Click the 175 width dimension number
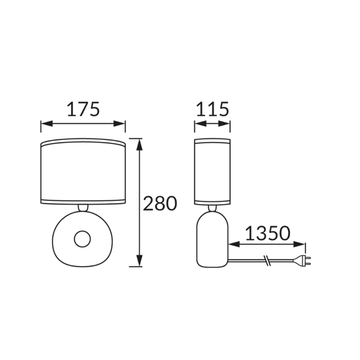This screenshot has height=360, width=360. (83, 109)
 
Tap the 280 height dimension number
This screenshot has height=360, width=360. (160, 203)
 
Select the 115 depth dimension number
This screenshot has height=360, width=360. (212, 109)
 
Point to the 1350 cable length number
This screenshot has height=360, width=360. (268, 233)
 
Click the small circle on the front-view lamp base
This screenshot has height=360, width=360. (82, 239)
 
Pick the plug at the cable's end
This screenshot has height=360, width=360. (302, 261)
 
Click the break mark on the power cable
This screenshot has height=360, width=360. (267, 261)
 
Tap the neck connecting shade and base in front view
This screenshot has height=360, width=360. (83, 208)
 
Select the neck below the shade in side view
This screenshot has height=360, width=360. (212, 208)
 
